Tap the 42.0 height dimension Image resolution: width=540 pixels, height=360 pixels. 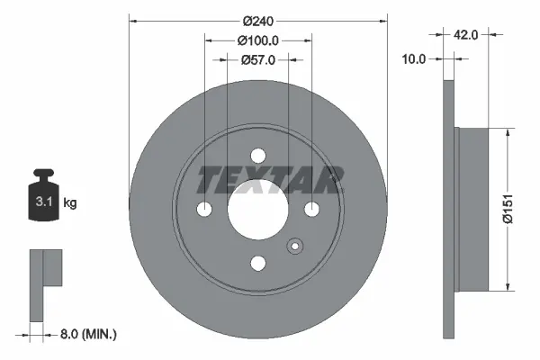465,34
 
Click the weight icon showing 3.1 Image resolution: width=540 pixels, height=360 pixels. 42,197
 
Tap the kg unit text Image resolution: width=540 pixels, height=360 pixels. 70,203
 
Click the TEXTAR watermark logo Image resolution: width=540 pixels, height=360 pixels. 270,179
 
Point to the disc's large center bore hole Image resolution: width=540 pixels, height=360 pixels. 258,209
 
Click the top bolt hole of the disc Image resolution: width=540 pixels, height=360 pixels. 258,156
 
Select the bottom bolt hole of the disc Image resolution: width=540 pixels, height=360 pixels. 258,263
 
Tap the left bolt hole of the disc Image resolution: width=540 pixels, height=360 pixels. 205,209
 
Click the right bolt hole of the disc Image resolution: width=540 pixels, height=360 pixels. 311,209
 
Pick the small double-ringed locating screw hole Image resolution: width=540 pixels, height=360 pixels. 293,248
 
